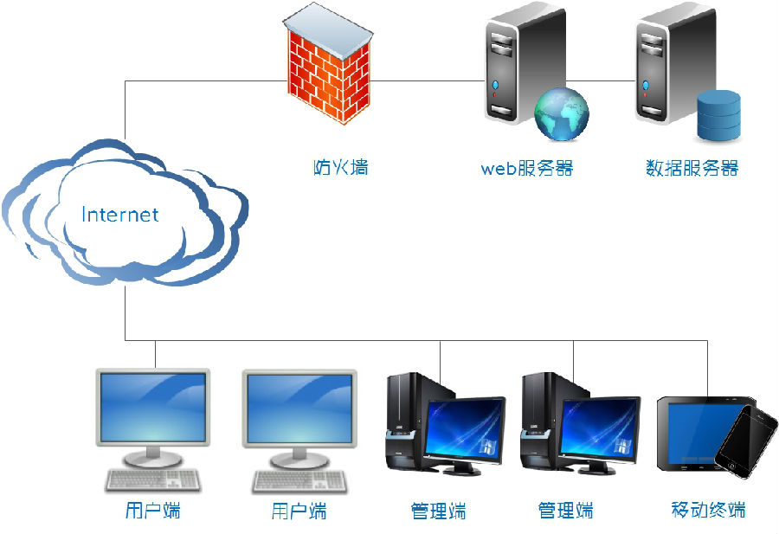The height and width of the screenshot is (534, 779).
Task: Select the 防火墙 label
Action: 340,166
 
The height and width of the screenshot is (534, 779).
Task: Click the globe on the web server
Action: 561,113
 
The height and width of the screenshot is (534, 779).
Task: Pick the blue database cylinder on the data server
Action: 719,115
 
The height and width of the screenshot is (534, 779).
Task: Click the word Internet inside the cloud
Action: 120,214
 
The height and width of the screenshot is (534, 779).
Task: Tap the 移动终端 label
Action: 708,509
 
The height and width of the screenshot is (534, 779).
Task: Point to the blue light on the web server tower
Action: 496,86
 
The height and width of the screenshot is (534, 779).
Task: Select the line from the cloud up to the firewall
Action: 125,108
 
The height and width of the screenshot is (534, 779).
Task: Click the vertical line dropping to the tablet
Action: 707,368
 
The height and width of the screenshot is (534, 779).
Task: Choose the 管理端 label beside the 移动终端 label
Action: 565,510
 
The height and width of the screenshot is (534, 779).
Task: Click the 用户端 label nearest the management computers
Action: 299,511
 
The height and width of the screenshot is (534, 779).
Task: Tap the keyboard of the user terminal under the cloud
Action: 152,480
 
